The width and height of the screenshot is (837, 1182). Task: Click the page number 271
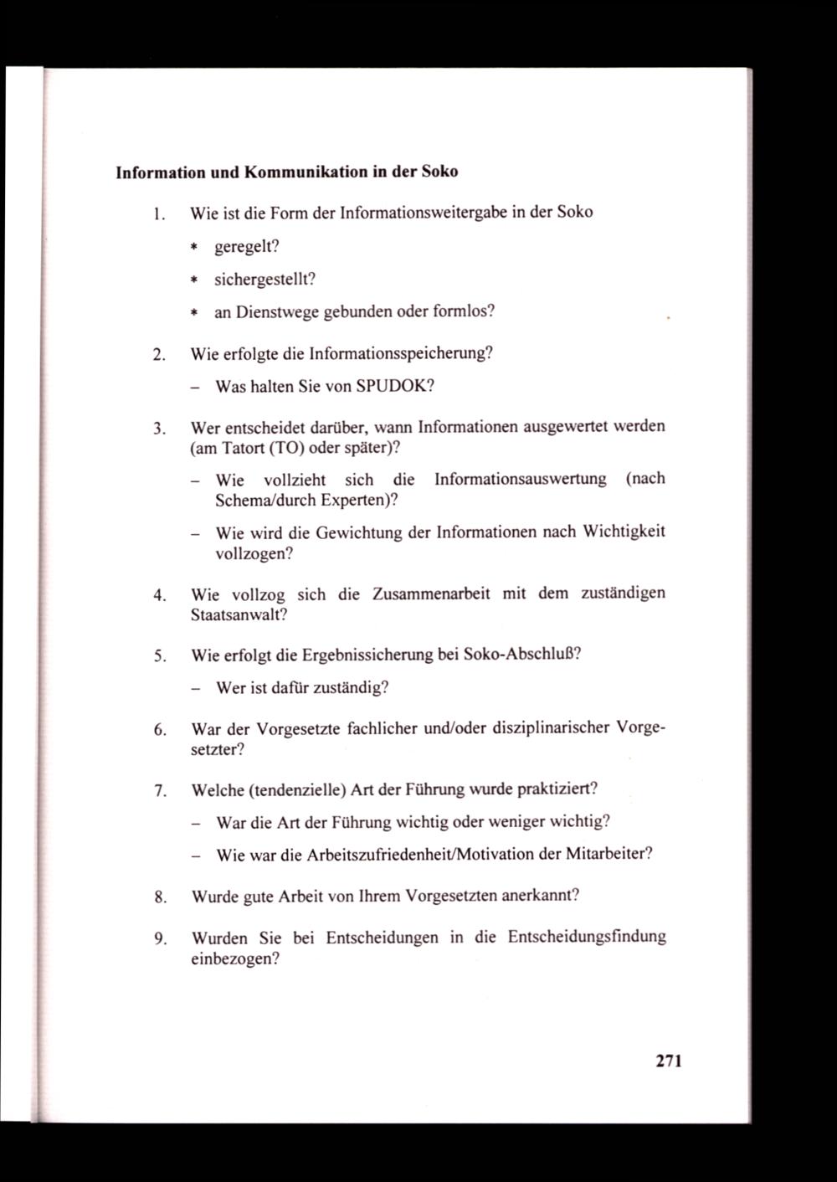click(x=669, y=1061)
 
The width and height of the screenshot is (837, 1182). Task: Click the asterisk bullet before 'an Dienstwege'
click(x=193, y=313)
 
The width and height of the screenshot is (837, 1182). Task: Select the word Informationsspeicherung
click(x=400, y=353)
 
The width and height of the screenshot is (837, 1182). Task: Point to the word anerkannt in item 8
click(x=540, y=896)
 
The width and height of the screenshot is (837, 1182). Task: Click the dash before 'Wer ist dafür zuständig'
click(x=194, y=689)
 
